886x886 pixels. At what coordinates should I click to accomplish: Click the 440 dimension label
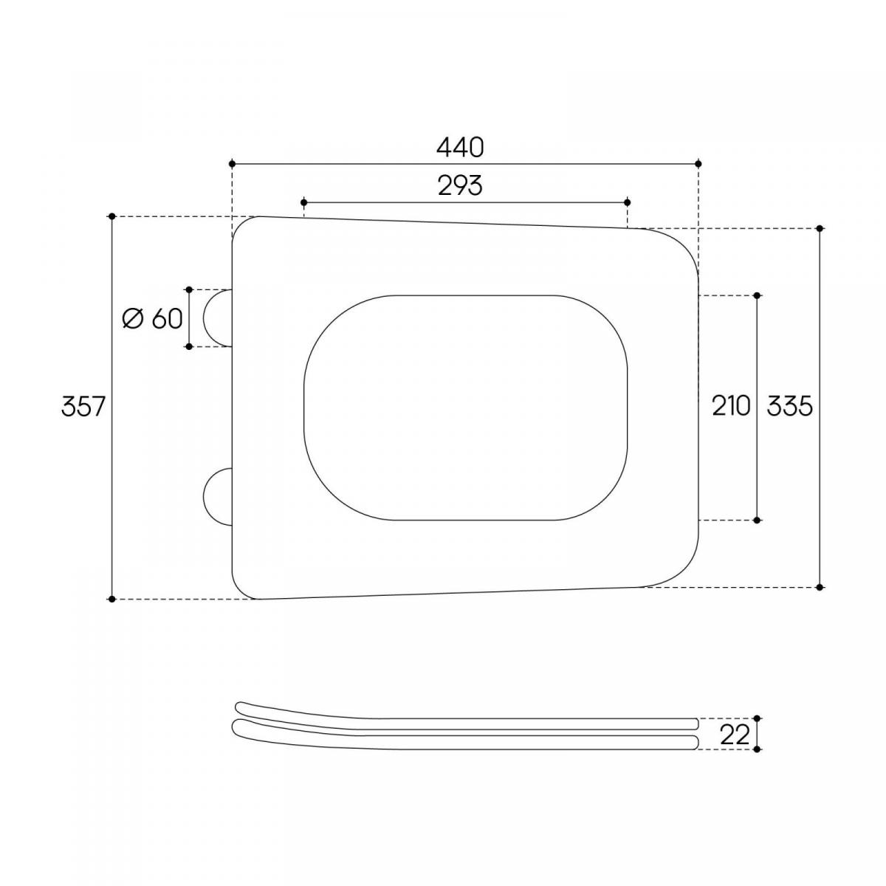(460, 148)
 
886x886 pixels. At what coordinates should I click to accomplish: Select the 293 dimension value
(460, 186)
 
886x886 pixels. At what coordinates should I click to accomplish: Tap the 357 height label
(83, 406)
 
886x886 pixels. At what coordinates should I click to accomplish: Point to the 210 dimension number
(731, 406)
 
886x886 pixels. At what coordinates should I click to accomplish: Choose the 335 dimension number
(790, 406)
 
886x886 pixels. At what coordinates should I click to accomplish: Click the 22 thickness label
(735, 735)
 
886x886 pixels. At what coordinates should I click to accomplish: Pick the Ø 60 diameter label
(153, 318)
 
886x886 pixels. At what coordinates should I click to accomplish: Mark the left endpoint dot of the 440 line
(232, 163)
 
